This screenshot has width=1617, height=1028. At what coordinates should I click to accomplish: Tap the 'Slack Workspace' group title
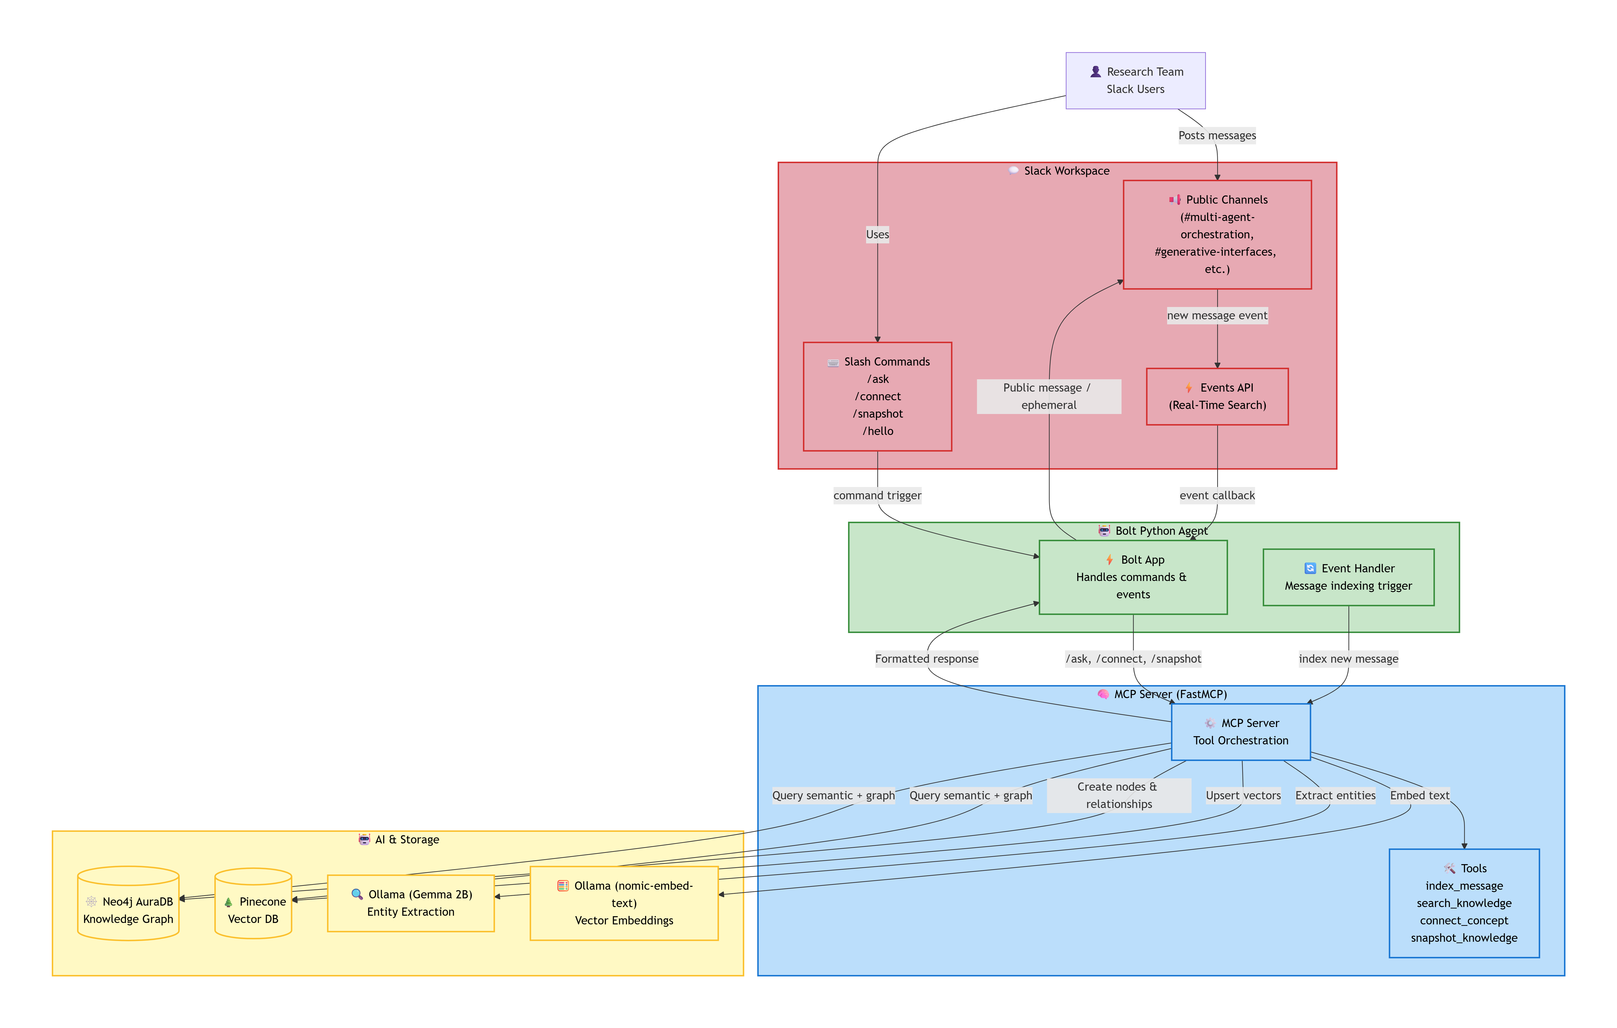pyautogui.click(x=1066, y=171)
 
